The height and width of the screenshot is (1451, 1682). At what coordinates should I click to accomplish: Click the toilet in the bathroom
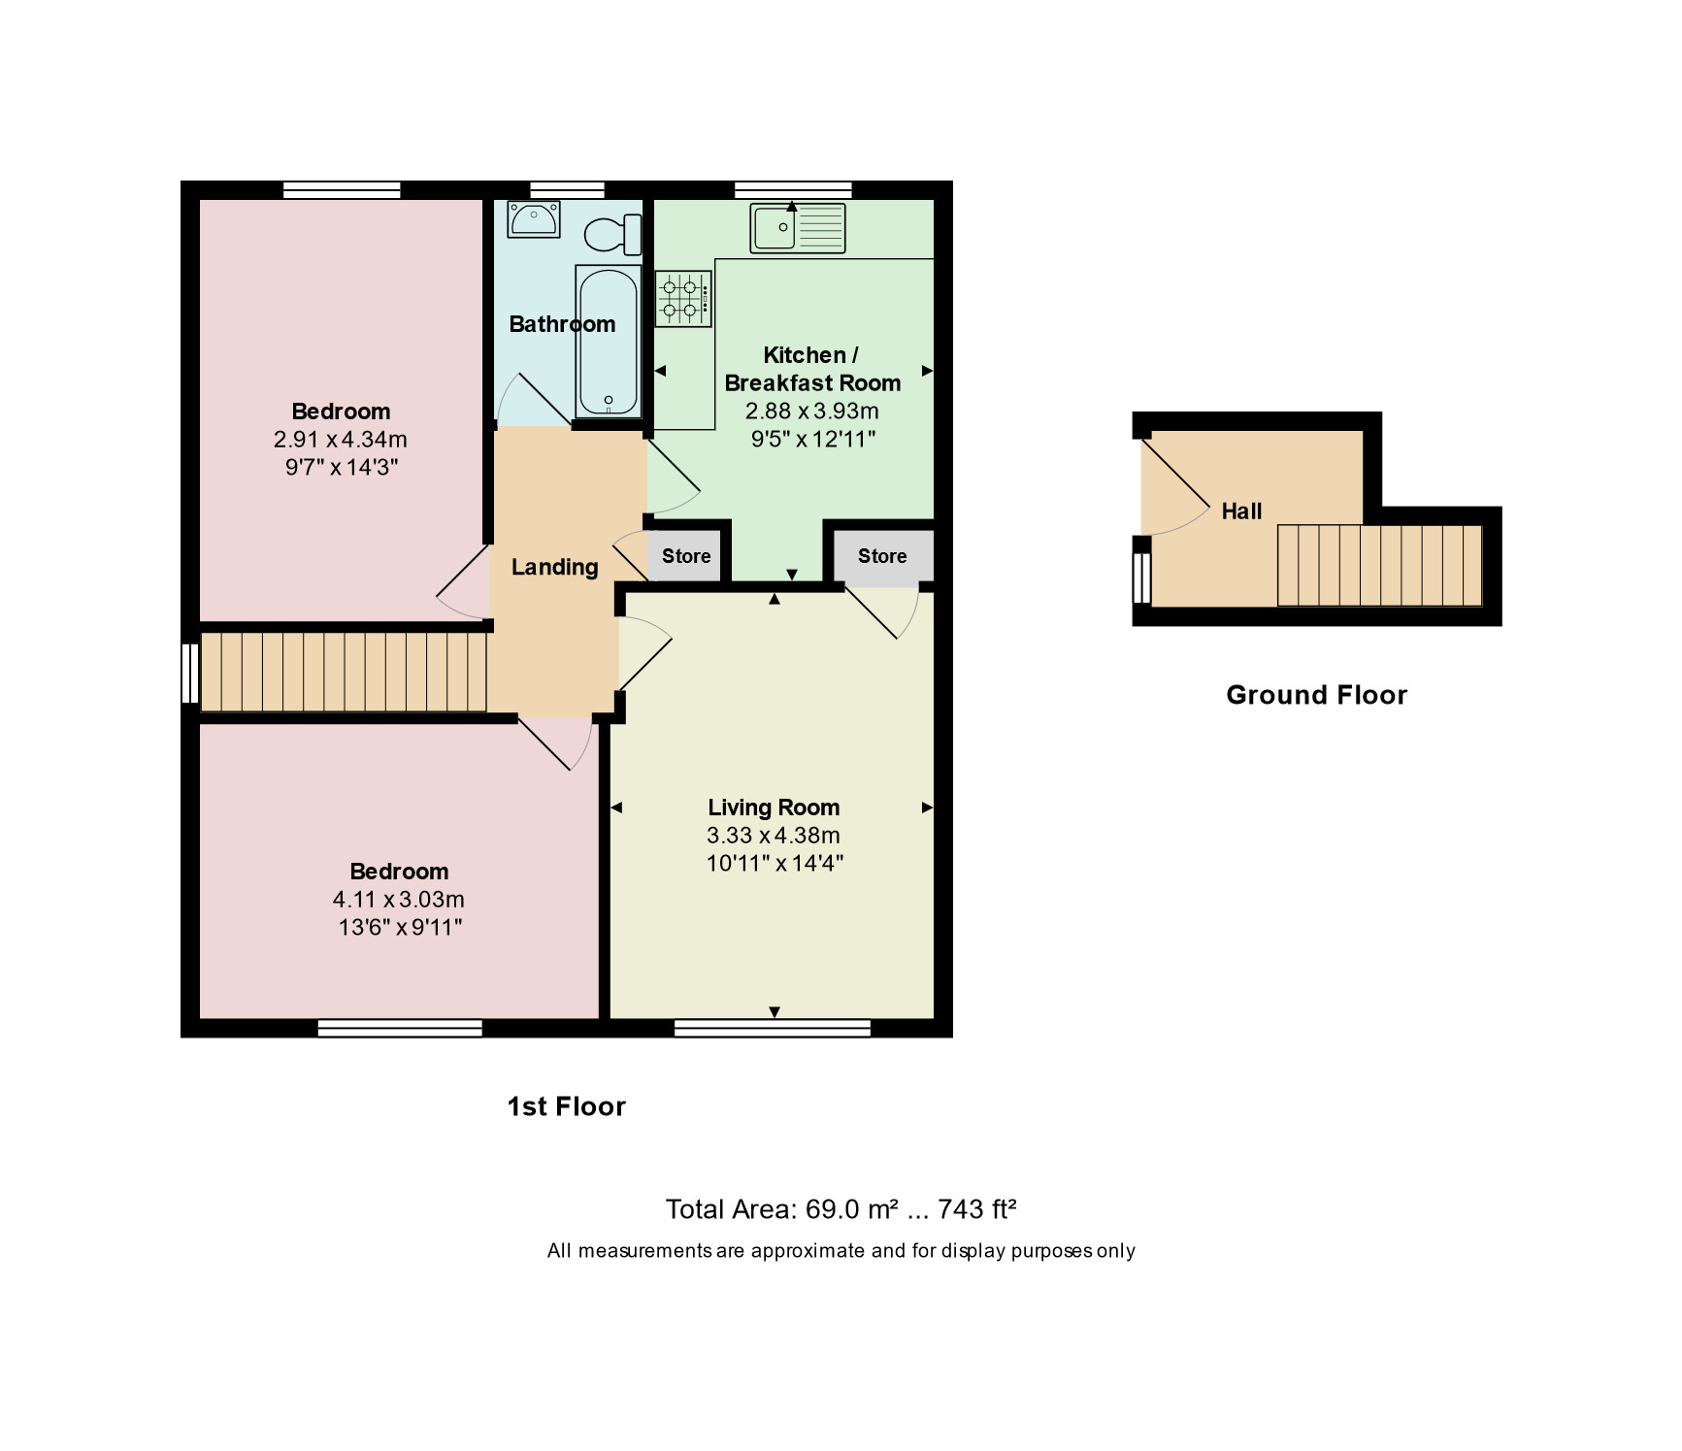point(612,235)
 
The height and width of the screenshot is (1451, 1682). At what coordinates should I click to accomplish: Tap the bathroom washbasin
point(533,218)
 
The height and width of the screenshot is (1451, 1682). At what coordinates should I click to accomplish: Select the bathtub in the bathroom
point(609,341)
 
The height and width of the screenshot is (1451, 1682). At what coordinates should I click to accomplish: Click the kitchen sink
point(797,228)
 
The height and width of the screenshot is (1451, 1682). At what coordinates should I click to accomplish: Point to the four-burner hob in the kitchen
point(683,299)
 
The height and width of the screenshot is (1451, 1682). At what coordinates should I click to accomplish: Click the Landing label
point(554,567)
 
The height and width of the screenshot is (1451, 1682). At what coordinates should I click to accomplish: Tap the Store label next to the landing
point(686,556)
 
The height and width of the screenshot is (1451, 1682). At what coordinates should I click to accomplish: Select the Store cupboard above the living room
point(882,557)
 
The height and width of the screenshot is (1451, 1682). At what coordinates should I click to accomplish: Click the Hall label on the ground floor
point(1241,511)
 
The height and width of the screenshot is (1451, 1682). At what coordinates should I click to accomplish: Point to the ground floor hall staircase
point(1379,565)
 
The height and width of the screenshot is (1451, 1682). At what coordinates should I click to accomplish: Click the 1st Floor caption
point(567,1106)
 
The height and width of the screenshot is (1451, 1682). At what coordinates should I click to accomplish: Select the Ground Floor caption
point(1316,695)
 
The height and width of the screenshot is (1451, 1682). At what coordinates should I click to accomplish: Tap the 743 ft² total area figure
point(976,1209)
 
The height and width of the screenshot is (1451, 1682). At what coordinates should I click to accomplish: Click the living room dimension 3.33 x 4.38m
point(774,836)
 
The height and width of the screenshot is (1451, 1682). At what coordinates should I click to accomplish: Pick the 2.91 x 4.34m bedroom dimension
point(341,440)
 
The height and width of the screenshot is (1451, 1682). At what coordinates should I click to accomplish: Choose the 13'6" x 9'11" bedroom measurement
point(400,928)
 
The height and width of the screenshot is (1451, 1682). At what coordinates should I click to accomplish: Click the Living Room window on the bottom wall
point(773,1028)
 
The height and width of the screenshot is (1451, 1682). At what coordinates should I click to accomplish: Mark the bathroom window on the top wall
point(567,189)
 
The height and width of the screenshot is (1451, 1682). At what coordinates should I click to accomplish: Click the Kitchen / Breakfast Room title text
point(812,369)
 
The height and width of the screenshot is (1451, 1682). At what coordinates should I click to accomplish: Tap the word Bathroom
point(562,324)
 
